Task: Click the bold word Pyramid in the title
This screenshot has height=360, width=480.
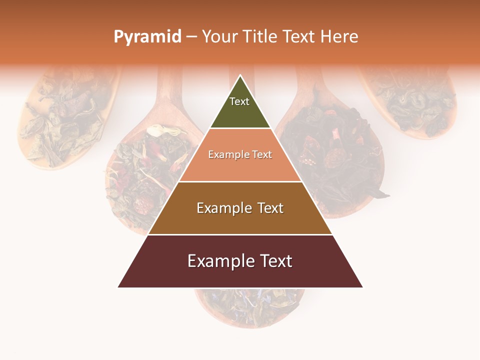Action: coord(147,37)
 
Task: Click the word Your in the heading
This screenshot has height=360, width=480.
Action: coord(220,37)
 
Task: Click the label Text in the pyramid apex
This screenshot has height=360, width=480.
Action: coord(239,101)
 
